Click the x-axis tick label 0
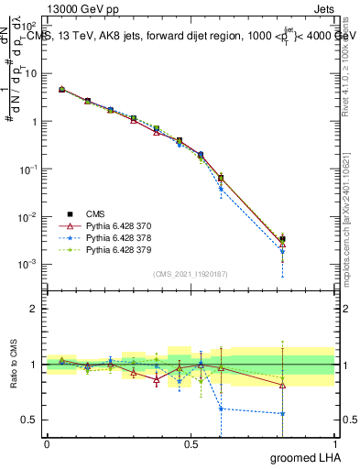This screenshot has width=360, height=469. [47, 443]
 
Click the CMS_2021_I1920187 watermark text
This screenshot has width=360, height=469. [191, 273]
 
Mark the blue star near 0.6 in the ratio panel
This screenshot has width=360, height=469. [221, 409]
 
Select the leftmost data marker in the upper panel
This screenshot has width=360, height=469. [61, 90]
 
